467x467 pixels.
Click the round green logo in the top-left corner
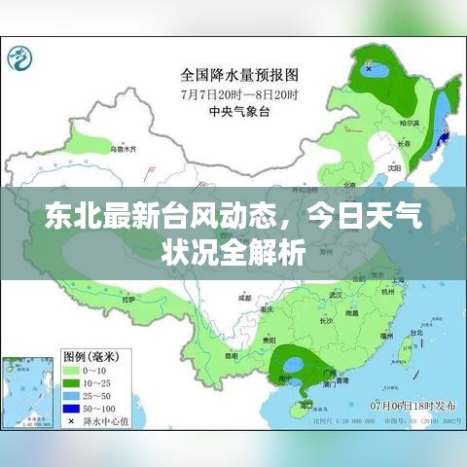(x=20, y=61)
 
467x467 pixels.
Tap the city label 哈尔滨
(x=409, y=124)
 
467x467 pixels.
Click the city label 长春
(x=404, y=143)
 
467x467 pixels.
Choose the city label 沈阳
(x=393, y=166)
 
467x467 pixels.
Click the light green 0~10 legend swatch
(x=72, y=370)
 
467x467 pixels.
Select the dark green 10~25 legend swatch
(x=72, y=382)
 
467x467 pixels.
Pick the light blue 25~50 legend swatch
(x=72, y=395)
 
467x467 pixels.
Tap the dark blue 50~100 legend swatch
(x=72, y=409)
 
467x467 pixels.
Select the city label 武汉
(x=337, y=293)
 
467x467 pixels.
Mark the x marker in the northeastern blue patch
(x=370, y=68)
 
